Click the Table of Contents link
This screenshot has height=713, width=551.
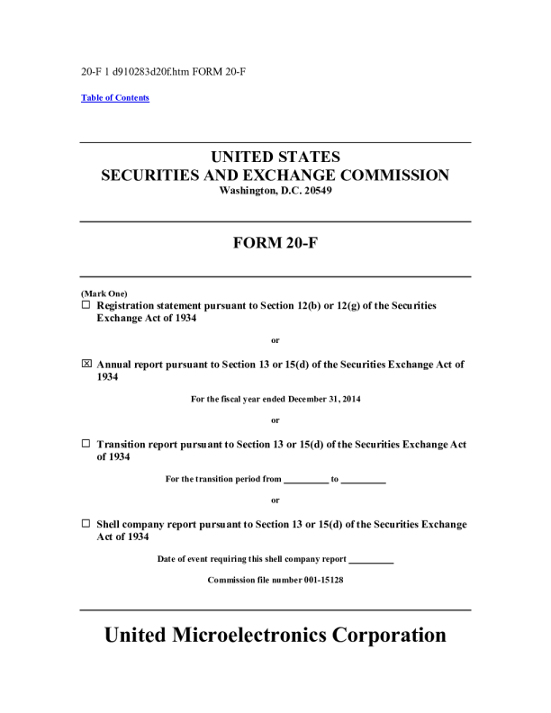coord(115,98)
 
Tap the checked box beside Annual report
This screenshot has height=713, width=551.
coord(86,365)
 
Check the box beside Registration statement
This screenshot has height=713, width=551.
coord(86,305)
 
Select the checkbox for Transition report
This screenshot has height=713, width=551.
coord(86,444)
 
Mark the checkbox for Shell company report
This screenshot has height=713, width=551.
coord(86,523)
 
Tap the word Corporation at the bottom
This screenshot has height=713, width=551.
coord(390,635)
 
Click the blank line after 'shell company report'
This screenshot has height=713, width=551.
coord(370,559)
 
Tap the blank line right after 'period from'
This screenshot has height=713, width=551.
coord(306,479)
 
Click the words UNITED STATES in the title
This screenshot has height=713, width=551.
coord(275,157)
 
